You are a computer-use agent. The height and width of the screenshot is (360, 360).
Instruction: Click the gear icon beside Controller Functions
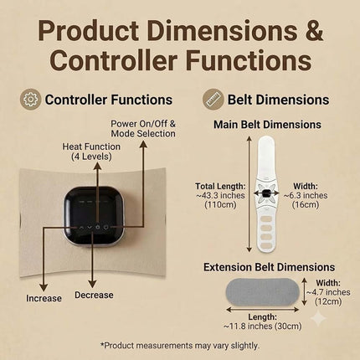tap(30, 100)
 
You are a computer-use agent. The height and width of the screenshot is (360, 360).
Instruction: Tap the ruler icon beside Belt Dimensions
tap(213, 100)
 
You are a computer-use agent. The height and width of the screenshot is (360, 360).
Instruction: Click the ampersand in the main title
tap(314, 30)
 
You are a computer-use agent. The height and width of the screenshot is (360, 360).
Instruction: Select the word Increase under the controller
tap(44, 298)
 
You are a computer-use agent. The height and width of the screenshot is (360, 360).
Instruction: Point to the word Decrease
tap(94, 295)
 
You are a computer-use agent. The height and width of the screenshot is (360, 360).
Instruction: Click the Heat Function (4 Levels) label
tap(91, 152)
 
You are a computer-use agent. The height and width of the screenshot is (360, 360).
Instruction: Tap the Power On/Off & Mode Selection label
tap(143, 129)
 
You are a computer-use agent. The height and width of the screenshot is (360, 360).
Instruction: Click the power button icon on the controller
tap(105, 227)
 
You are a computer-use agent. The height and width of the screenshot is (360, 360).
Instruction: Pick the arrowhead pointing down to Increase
tap(44, 287)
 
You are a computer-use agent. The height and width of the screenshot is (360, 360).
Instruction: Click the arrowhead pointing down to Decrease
tap(92, 284)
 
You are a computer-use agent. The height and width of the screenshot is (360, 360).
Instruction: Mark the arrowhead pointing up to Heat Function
tap(97, 166)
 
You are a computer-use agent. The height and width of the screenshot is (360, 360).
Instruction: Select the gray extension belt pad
tap(262, 292)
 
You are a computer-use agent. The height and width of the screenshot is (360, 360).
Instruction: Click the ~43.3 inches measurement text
tap(220, 196)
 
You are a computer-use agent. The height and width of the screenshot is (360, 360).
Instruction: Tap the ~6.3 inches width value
tap(306, 196)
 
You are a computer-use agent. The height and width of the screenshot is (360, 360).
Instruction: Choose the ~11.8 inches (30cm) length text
tap(263, 326)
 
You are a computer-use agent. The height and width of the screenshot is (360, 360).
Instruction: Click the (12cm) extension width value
tap(328, 301)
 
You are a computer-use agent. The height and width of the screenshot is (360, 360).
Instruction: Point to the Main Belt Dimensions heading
tap(267, 125)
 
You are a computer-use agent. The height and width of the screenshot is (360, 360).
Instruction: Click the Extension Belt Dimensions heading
tap(269, 267)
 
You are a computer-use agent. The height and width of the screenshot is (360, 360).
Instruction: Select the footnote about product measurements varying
tap(180, 346)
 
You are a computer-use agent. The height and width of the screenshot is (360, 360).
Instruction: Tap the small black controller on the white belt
tap(266, 193)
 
